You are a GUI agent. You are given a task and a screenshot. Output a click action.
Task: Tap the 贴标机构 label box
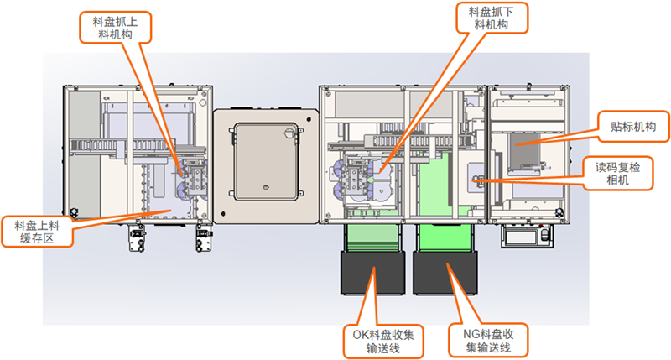(x=627, y=128)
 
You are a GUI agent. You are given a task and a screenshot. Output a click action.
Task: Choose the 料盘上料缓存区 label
(x=37, y=232)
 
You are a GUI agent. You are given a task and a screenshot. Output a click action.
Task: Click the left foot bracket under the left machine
(x=137, y=240)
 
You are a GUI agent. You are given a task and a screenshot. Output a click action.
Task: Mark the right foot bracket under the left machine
(x=203, y=240)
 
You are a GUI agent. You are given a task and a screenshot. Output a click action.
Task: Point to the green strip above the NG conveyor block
(x=445, y=237)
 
